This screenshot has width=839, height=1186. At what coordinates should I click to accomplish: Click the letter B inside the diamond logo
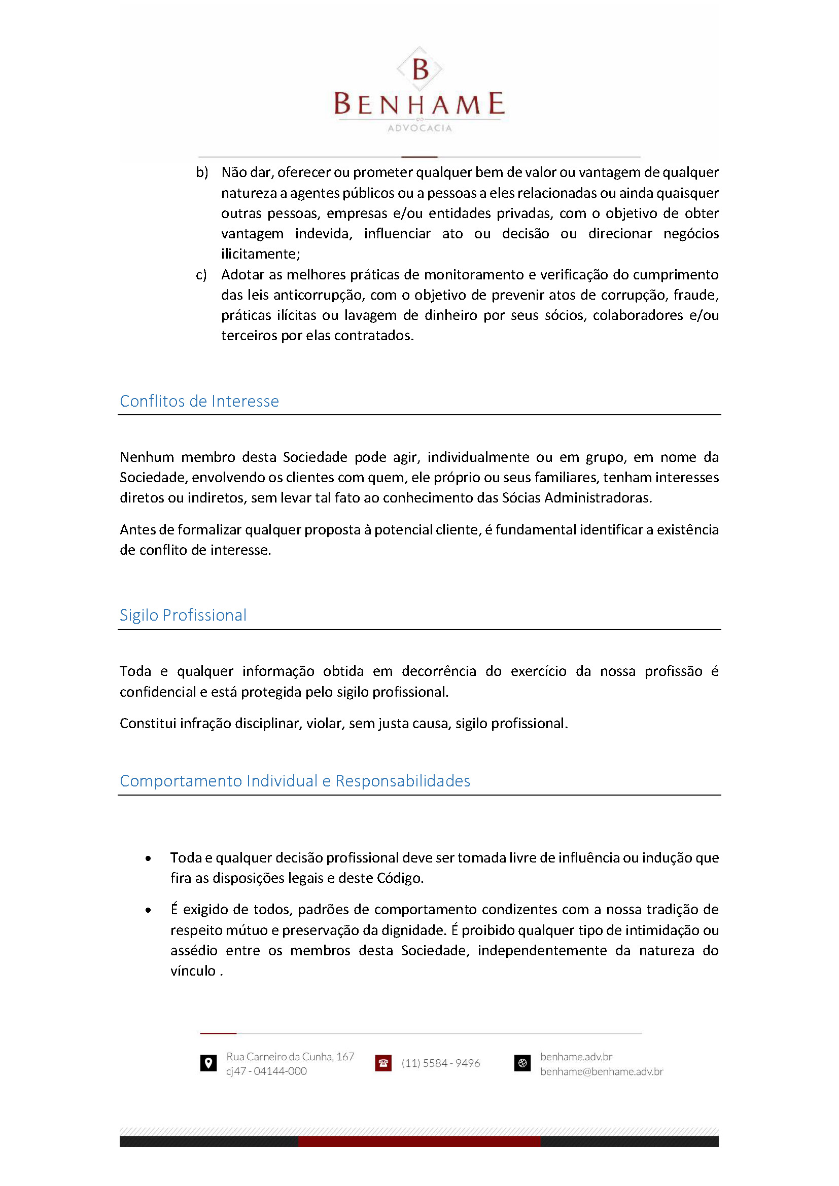(x=421, y=69)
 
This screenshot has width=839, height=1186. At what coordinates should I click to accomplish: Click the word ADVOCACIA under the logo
(x=419, y=128)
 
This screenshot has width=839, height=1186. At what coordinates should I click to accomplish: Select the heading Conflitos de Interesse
(x=199, y=402)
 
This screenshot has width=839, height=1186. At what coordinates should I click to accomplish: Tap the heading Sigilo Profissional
(x=183, y=615)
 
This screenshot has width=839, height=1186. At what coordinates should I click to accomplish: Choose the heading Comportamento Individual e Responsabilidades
(x=295, y=781)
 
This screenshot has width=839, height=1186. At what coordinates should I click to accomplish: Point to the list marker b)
(x=201, y=172)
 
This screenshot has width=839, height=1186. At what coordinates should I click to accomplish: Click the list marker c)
(x=201, y=275)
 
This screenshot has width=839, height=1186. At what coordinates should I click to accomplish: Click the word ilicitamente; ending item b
(x=260, y=254)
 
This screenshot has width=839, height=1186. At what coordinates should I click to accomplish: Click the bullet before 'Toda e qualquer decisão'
(x=148, y=858)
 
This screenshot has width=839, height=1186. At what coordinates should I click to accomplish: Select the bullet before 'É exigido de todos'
(x=148, y=910)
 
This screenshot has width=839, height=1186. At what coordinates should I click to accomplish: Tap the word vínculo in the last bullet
(x=193, y=971)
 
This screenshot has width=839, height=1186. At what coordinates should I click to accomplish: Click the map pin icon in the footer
(x=208, y=1063)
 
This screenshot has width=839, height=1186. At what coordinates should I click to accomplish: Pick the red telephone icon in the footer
(x=383, y=1063)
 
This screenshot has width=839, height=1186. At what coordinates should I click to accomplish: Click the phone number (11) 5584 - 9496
(x=441, y=1063)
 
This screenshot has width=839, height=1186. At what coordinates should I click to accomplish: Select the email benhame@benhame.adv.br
(x=602, y=1071)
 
